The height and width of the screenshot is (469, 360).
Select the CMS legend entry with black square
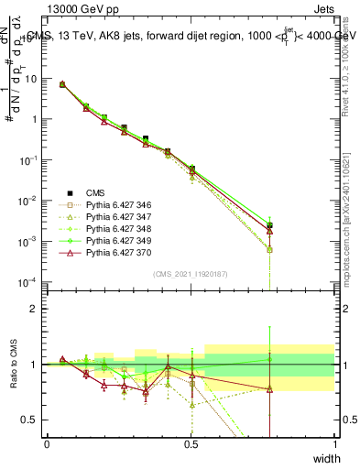point(95,192)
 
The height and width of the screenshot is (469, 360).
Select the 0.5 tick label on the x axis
point(191,444)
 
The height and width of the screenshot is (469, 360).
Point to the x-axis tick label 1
point(335,444)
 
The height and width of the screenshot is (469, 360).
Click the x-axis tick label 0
point(47,444)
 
